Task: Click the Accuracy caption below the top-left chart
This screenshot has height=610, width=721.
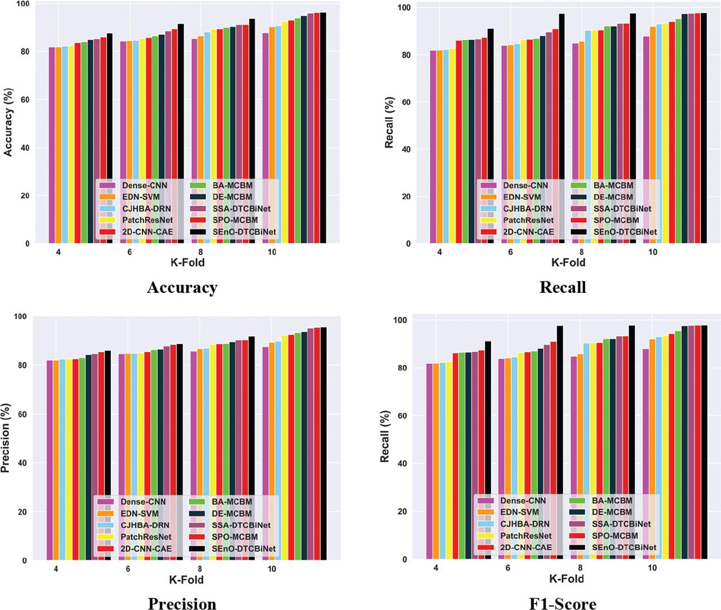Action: coord(182,287)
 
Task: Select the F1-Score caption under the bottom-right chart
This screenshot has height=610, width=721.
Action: coord(562,604)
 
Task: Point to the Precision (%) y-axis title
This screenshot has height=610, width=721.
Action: coord(6,438)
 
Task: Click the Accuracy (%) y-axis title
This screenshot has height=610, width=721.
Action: coord(8,122)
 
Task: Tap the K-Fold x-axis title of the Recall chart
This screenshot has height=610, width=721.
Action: coord(568,262)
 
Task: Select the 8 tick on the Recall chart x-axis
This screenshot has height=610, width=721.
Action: coord(581,252)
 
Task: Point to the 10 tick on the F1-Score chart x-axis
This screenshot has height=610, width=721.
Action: coord(652,568)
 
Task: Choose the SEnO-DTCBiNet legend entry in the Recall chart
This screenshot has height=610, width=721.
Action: coord(625,231)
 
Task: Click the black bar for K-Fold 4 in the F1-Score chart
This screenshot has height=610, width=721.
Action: coord(488,451)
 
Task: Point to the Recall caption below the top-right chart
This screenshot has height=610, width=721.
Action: coord(562,287)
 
